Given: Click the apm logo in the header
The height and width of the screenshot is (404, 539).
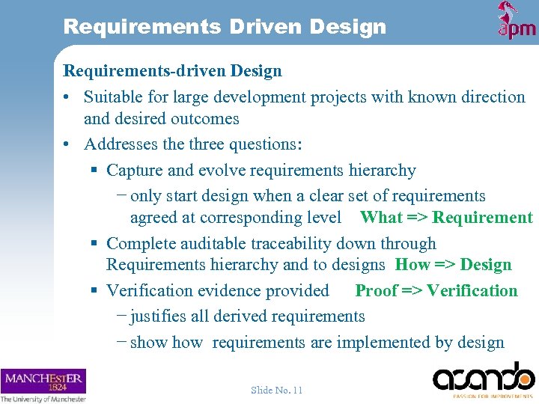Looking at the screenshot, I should point(517,21).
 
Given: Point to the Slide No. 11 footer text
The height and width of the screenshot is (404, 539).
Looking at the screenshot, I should point(277,390).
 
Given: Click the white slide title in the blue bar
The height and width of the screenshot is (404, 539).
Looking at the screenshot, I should point(225,27).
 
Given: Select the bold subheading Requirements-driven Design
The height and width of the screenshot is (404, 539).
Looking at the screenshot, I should point(173,71).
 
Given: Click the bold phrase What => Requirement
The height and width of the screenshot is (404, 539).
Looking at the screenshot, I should point(446,218).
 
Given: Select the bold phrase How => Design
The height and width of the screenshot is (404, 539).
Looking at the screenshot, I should point(453,265).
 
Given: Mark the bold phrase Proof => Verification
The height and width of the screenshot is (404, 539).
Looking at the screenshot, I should point(436,291).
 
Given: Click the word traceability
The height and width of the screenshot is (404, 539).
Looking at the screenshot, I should point(296,244).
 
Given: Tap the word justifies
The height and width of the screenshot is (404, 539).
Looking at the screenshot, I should point(158,316).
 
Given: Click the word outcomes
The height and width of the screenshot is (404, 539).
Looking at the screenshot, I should point(204,119).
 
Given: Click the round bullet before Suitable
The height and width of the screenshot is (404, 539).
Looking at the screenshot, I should point(67,98).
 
